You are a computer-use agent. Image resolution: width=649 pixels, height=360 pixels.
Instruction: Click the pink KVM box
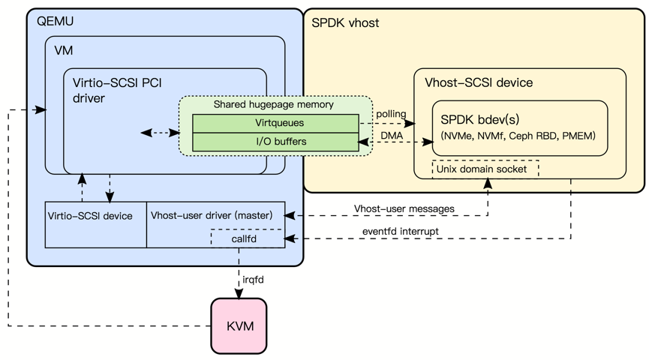coord(240,325)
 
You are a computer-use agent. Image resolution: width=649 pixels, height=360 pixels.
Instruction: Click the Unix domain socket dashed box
coord(485,169)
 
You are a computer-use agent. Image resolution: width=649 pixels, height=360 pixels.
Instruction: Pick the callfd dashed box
coord(247,238)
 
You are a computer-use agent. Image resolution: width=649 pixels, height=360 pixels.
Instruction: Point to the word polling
coord(391,114)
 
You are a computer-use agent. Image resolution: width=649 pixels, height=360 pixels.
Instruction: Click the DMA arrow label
coord(392,135)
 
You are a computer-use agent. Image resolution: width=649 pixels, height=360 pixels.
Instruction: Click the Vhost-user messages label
coord(394,208)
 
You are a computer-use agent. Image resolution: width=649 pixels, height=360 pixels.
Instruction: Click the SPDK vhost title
coord(345,23)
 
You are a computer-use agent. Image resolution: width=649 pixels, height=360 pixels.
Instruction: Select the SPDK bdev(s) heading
coord(480,119)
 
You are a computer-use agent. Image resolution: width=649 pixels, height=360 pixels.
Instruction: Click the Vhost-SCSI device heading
coord(479,82)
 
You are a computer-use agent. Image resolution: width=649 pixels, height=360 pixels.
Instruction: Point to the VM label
coord(64,50)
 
